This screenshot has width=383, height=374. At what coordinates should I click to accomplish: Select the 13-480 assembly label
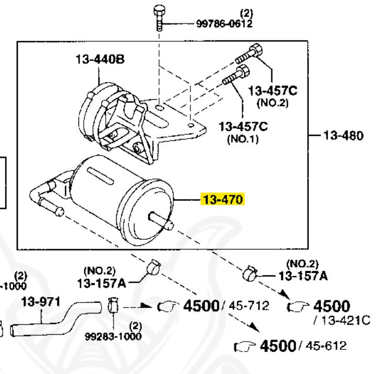point(342,136)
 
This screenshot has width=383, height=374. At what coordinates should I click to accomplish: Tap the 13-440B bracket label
point(99,60)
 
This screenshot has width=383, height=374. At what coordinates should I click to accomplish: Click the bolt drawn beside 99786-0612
point(159,21)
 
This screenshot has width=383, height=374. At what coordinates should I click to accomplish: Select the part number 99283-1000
point(113,335)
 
